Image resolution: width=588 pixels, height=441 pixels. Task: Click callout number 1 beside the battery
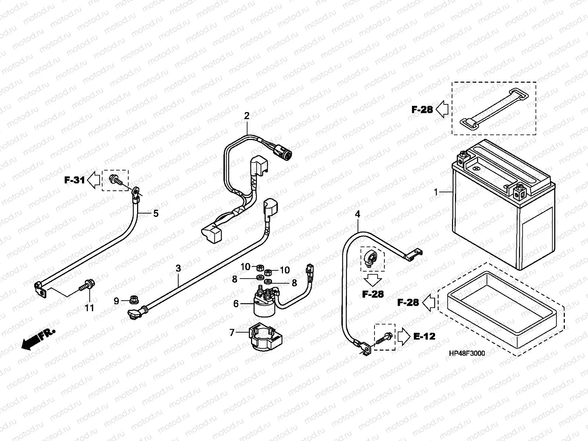pyautogui.click(x=436, y=192)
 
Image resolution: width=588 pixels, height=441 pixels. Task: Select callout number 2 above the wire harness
pyautogui.click(x=247, y=116)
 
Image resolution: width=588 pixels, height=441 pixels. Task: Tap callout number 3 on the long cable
pyautogui.click(x=178, y=269)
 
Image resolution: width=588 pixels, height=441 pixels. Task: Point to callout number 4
pyautogui.click(x=358, y=214)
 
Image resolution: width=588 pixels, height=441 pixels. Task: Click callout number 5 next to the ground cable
pyautogui.click(x=156, y=213)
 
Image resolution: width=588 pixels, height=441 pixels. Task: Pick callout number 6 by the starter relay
pyautogui.click(x=236, y=304)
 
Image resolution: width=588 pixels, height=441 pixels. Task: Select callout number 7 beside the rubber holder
pyautogui.click(x=232, y=333)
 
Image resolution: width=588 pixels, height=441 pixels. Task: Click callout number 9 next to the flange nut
pyautogui.click(x=116, y=301)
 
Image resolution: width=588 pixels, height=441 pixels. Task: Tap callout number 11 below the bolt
pyautogui.click(x=90, y=308)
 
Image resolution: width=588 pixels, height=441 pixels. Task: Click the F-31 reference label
pyautogui.click(x=75, y=180)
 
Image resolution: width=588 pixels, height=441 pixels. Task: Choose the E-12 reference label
pyautogui.click(x=424, y=336)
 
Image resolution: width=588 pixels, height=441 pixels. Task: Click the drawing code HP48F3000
pyautogui.click(x=467, y=354)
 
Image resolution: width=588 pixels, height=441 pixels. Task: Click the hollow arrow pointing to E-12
pyautogui.click(x=403, y=336)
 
